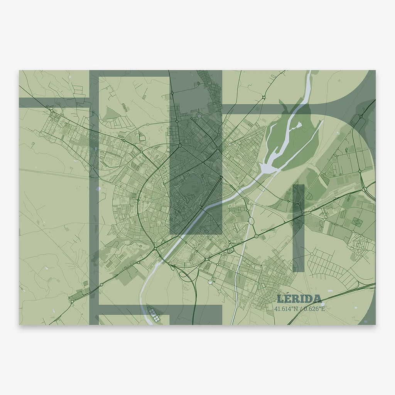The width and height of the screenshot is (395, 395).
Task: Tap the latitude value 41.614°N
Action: [x=287, y=309]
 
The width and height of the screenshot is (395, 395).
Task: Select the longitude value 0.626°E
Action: [x=314, y=309]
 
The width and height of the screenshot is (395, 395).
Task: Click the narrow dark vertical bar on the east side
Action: [x=298, y=228]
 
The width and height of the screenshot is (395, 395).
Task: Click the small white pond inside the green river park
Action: [x=297, y=125]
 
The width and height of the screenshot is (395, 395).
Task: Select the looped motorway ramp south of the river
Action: [x=184, y=275]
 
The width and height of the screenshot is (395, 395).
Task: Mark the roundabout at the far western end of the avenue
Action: [x=51, y=111]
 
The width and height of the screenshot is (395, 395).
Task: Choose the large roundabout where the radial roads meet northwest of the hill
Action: [x=180, y=145]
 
